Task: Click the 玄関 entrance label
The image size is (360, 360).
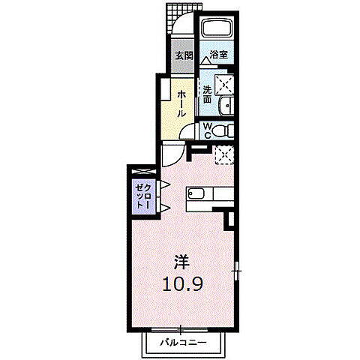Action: click(x=184, y=55)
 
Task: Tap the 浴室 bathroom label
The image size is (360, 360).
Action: click(x=219, y=54)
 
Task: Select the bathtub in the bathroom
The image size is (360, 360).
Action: click(x=217, y=28)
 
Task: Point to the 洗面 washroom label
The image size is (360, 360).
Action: click(x=207, y=94)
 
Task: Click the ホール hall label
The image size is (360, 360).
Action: click(x=181, y=104)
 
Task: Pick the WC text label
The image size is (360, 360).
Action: click(x=207, y=131)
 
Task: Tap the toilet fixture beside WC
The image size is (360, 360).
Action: click(x=223, y=130)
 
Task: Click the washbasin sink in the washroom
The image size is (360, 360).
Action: click(x=226, y=106)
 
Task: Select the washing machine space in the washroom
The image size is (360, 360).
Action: click(x=224, y=84)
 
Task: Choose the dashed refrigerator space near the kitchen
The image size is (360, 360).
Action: click(x=224, y=154)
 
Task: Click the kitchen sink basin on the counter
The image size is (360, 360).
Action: click(x=196, y=193)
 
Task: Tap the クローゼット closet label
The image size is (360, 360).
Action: click(x=143, y=196)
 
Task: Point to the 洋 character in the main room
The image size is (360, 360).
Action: click(x=182, y=262)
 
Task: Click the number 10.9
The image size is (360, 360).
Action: click(x=182, y=283)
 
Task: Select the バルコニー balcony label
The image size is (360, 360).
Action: click(x=184, y=342)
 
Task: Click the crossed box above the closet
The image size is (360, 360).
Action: click(x=144, y=172)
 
